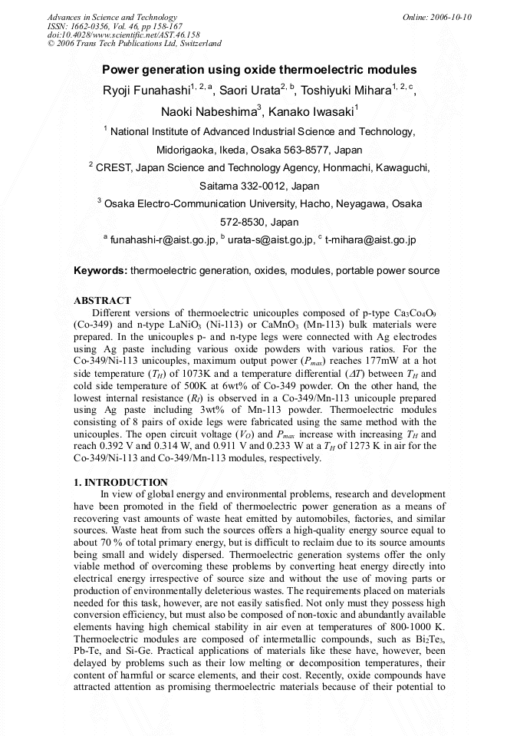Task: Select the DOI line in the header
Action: [123, 35]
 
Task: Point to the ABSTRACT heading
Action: [102, 301]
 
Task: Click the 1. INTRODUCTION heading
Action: [120, 482]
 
